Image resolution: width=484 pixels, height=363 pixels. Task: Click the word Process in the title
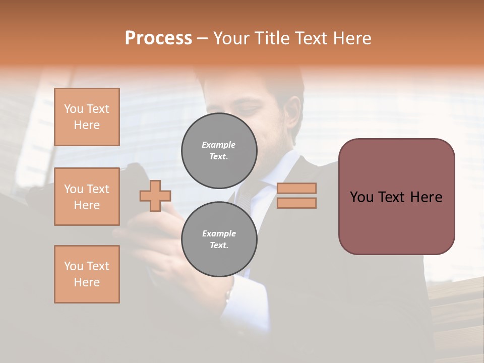tap(158, 38)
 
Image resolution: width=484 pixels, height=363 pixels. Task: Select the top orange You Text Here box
tap(87, 117)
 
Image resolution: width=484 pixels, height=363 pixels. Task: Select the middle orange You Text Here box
tap(87, 197)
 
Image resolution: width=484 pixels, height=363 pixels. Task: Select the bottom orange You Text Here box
tap(87, 274)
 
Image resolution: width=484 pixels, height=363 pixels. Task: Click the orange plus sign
tap(155, 196)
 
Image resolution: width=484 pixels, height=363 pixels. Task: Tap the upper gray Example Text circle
tap(219, 150)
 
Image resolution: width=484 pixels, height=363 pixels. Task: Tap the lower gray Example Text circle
tap(219, 239)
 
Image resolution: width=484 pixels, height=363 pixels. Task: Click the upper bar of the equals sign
tap(296, 188)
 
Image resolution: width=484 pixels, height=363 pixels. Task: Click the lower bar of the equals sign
tap(296, 203)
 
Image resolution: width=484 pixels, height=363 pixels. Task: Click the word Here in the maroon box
tap(426, 197)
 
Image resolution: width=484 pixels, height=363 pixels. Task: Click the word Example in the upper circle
tap(219, 145)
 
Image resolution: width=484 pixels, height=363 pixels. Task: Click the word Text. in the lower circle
tap(219, 245)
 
